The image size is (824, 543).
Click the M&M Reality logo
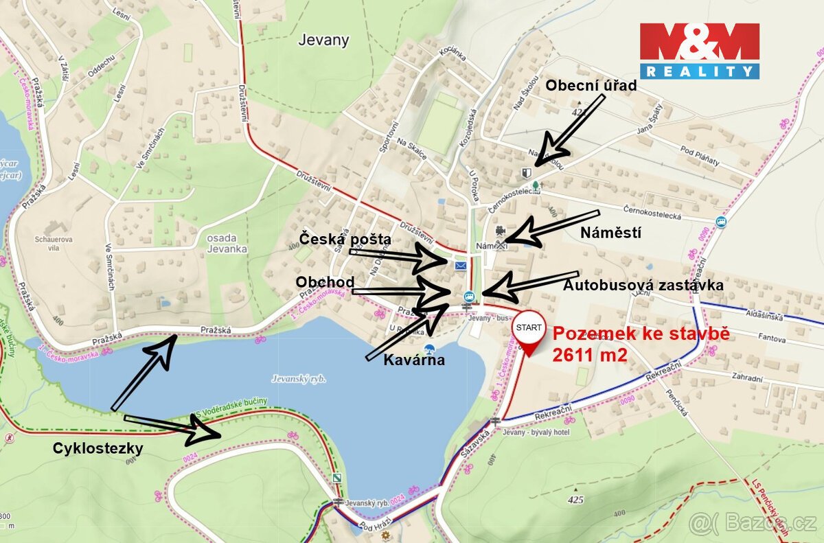(x=699, y=50)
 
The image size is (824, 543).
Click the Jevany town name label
(x=323, y=40)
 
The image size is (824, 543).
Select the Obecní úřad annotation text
(x=591, y=86)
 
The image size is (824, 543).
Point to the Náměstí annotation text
(x=610, y=233)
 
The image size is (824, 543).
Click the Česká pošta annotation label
(x=345, y=240)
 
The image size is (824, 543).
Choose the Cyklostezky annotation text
(x=98, y=448)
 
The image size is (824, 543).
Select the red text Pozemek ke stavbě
(x=641, y=335)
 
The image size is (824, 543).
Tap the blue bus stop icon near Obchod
(x=468, y=297)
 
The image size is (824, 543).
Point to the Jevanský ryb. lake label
(x=298, y=378)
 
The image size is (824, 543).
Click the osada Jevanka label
(x=227, y=244)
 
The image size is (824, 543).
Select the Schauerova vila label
(x=52, y=245)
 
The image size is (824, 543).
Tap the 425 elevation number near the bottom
(x=575, y=500)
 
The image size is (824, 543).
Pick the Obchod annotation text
(x=325, y=282)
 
